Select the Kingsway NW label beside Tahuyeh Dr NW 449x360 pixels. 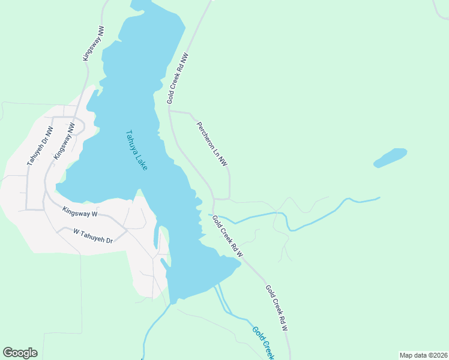tap(64, 140)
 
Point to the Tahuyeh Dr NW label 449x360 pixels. tap(40, 146)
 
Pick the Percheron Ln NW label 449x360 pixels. tap(212, 143)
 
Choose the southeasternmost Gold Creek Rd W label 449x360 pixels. tap(277, 308)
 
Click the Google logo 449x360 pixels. tap(20, 353)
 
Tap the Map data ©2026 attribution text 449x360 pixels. tap(423, 355)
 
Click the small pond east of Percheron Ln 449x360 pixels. tap(390, 158)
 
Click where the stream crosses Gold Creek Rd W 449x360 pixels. tap(215, 215)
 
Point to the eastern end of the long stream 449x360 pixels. tap(379, 197)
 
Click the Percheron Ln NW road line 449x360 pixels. tap(229, 180)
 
